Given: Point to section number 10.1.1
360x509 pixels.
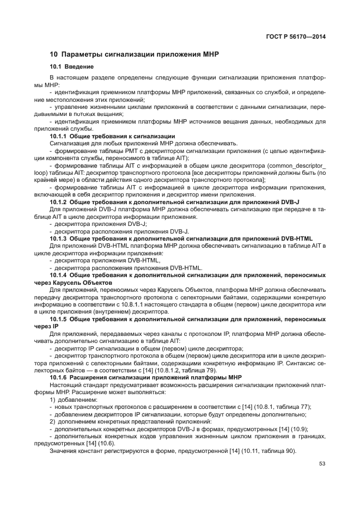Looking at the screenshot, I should coord(58,136).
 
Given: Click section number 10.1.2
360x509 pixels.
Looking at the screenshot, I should coord(58,201).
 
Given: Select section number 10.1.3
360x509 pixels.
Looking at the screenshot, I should coord(58,238).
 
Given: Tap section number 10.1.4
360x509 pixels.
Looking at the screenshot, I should coord(58,275).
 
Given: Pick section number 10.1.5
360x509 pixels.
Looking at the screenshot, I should coord(58,318).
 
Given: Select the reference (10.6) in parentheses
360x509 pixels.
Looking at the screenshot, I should coord(107,442).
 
